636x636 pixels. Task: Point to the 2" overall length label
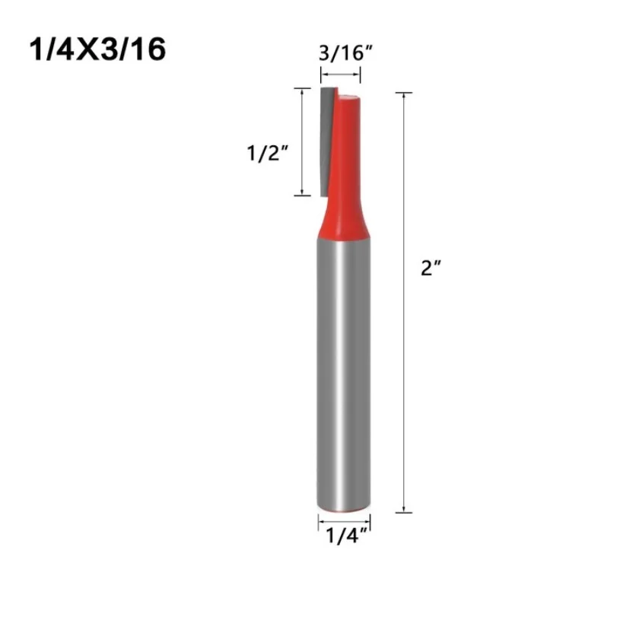[x=431, y=269]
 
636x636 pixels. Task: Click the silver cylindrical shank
[x=343, y=373]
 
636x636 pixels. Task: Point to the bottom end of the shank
[x=343, y=505]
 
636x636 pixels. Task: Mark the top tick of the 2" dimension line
[x=404, y=93]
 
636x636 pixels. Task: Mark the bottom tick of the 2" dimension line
[x=404, y=512]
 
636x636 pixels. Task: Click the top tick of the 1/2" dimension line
[x=303, y=88]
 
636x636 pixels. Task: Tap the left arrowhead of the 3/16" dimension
[x=322, y=75]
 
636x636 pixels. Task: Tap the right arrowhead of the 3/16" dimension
[x=359, y=75]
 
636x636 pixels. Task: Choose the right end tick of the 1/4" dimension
[x=370, y=521]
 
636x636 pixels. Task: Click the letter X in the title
[x=81, y=50]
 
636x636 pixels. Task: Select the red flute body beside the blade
[x=347, y=145]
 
